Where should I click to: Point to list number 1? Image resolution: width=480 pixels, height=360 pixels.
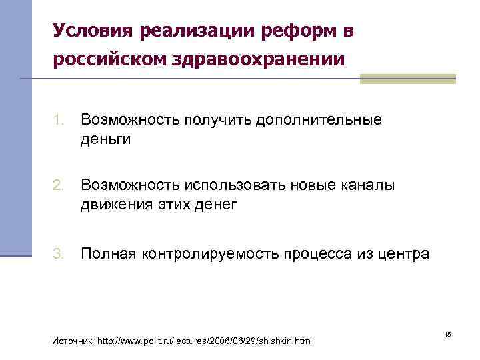[59, 120]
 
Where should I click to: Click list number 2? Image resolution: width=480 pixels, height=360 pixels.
[59, 185]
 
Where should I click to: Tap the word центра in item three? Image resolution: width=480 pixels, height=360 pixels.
[405, 253]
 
